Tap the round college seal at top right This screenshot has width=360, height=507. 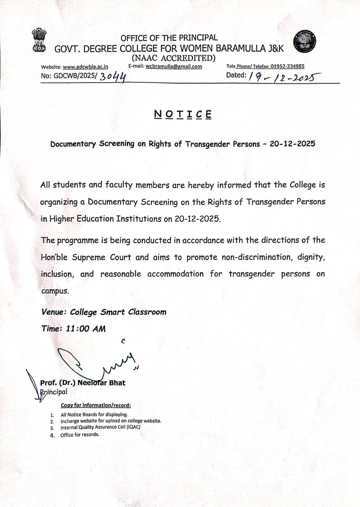[x=304, y=42]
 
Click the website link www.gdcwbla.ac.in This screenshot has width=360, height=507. [x=85, y=67]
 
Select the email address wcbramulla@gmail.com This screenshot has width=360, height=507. [x=174, y=67]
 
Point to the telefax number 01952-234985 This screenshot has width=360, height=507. [x=287, y=66]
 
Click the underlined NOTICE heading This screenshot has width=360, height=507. [x=183, y=114]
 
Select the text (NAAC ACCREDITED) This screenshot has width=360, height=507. [x=174, y=58]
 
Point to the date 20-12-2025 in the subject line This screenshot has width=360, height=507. [x=292, y=144]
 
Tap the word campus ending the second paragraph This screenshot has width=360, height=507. [x=55, y=291]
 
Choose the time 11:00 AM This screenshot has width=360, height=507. [x=85, y=329]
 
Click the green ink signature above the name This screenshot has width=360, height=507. [x=95, y=361]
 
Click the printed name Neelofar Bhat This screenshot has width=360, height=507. [x=101, y=383]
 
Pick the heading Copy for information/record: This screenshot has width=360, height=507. [x=96, y=405]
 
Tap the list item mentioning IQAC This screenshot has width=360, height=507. [x=100, y=427]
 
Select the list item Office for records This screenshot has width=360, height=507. [x=80, y=435]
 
